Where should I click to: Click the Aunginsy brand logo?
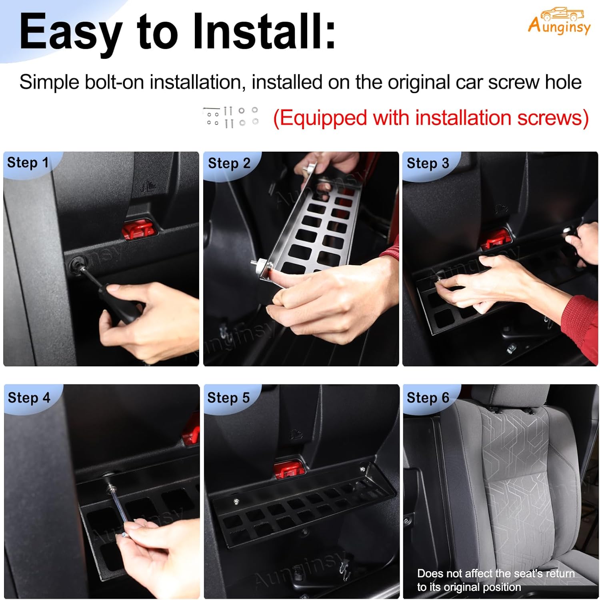tap(559, 22)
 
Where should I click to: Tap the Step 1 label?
tap(28, 163)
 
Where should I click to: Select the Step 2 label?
tap(229, 163)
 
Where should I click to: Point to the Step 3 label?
tap(428, 163)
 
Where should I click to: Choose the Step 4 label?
tap(29, 398)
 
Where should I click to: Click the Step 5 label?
tap(228, 398)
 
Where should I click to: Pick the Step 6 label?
tap(428, 398)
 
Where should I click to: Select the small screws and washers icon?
tap(231, 117)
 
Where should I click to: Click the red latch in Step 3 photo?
tap(495, 239)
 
